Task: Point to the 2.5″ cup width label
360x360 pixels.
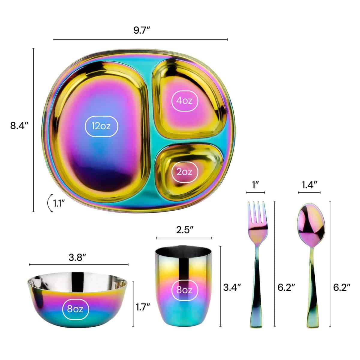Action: click(184, 231)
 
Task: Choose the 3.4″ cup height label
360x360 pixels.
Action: click(232, 287)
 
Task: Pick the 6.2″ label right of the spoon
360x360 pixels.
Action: click(342, 287)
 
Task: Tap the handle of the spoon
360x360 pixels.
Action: click(311, 288)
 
